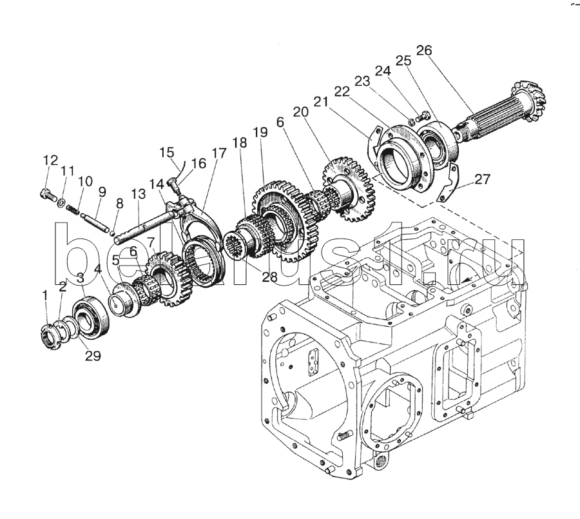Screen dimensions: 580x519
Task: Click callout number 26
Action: (424, 50)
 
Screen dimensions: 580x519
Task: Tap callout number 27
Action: (482, 179)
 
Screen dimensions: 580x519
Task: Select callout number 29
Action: (93, 355)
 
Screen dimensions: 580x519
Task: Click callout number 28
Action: (269, 276)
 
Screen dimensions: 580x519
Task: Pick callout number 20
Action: (301, 112)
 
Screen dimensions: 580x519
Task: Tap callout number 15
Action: (167, 152)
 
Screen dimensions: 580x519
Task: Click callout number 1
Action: (45, 295)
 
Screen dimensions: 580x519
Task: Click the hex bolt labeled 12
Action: (47, 194)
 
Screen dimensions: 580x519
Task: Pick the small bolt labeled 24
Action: (422, 116)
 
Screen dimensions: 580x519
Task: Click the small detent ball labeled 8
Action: (112, 233)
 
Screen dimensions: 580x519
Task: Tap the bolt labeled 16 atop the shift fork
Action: (175, 186)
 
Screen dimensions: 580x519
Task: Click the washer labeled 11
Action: (62, 202)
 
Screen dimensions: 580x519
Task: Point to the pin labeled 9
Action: (94, 220)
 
